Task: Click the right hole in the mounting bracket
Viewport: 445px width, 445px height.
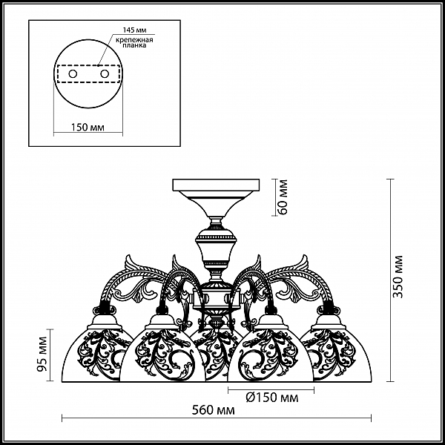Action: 105,75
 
